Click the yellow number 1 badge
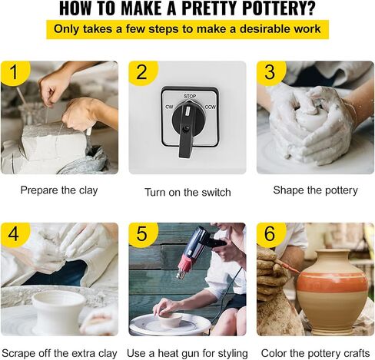coord(15,72)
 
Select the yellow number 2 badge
coord(143,72)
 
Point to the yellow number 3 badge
coord(270,72)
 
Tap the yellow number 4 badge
coord(15,234)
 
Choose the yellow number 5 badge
coord(143,234)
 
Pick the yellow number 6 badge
coord(270,234)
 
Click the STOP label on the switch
coord(190,96)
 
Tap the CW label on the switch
coord(169,107)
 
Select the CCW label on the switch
coord(211,107)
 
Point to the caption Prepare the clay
coord(59,190)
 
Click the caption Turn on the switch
coord(187,193)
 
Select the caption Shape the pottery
coord(315,190)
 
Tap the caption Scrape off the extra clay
coord(59,354)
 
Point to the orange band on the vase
coord(332,282)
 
